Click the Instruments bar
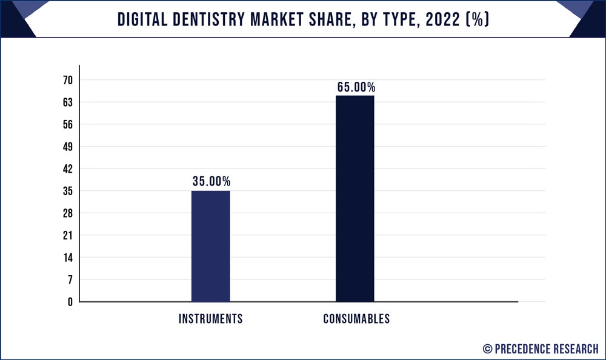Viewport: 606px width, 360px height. coord(210,246)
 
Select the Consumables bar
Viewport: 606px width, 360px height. coord(355,198)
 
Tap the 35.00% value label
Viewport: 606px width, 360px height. coord(210,181)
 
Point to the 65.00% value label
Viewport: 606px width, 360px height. coord(356,87)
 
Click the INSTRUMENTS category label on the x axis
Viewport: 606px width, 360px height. coord(210,319)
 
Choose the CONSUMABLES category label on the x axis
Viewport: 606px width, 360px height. coord(356,319)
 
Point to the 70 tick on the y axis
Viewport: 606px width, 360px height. coord(67,81)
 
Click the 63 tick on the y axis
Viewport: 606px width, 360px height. coord(67,102)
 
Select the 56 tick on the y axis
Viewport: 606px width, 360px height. coord(67,125)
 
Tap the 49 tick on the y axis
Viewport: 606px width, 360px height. coord(67,147)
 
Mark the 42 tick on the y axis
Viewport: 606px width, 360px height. coord(67,169)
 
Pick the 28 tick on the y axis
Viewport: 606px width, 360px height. coord(67,213)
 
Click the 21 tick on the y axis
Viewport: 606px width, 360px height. coord(67,235)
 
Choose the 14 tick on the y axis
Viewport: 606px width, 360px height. coord(67,258)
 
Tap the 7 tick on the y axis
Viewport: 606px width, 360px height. coord(70,279)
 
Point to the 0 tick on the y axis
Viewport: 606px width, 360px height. coord(70,302)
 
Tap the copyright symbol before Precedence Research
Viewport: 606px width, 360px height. coord(487,348)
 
